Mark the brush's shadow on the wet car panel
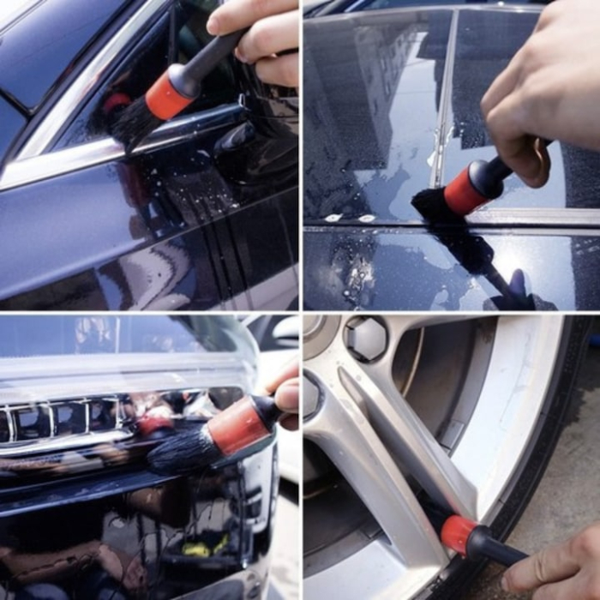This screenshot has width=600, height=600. [497, 274]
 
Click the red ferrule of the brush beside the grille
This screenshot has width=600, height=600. [235, 427]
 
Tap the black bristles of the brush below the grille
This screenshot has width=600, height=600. [180, 450]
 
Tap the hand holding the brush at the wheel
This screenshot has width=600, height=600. [557, 566]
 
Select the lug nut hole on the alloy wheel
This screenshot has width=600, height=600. [367, 338]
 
